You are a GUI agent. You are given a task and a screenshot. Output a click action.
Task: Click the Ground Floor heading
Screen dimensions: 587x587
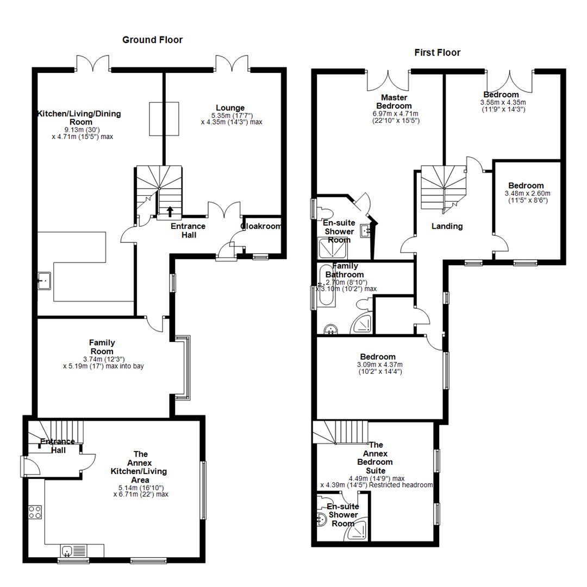[x=152, y=40]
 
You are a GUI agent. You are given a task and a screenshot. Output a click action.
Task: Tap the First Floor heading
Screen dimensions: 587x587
[x=437, y=52]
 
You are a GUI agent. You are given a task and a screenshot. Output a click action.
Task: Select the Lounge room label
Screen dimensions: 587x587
[x=230, y=108]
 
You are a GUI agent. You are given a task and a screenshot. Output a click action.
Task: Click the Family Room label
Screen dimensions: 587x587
[x=102, y=347]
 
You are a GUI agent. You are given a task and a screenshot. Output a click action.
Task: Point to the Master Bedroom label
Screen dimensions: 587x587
[x=394, y=102]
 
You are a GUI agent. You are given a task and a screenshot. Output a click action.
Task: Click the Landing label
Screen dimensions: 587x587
[x=447, y=226]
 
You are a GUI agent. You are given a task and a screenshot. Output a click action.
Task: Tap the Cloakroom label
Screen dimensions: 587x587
[x=261, y=226]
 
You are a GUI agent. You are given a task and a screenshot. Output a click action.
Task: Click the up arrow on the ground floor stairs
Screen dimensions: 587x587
[x=170, y=211]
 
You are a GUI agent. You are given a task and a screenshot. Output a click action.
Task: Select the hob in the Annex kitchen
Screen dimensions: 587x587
[x=35, y=512]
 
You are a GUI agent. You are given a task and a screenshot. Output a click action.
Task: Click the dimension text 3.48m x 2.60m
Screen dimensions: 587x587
[x=527, y=193]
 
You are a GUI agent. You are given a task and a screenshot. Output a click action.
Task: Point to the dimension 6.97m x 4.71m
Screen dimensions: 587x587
[x=395, y=114]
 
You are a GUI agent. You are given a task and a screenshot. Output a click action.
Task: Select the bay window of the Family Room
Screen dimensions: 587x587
[x=183, y=368]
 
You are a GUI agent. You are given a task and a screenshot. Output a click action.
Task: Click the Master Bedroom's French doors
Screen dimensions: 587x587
[x=388, y=80]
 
